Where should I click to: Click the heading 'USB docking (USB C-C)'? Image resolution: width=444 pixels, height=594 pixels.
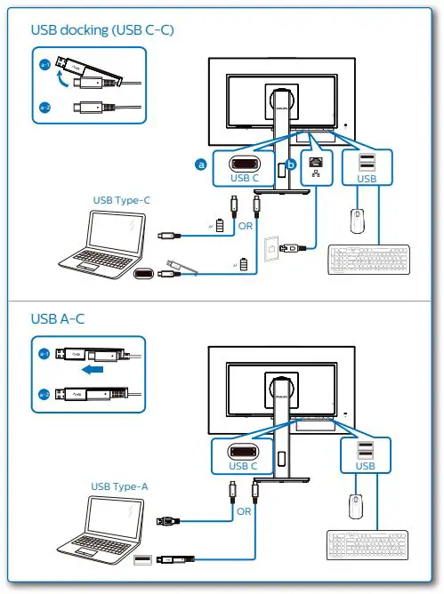coord(102,30)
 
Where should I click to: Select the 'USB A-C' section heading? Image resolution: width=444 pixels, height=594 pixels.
coord(59,318)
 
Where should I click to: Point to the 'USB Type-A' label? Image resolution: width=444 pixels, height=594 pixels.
coord(120,486)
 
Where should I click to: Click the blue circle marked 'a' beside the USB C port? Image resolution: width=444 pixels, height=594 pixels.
coord(201,165)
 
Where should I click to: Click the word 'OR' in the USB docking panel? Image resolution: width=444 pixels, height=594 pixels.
coord(245,226)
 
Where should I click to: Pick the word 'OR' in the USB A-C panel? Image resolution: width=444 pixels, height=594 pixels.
coord(244,512)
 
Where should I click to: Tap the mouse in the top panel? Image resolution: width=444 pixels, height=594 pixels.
coord(356,220)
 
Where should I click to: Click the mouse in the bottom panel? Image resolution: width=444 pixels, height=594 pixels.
coord(356,506)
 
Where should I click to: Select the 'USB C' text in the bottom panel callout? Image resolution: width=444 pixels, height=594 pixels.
coord(243,465)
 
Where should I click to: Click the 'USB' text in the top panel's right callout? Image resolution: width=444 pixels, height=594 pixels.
coord(367,178)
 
